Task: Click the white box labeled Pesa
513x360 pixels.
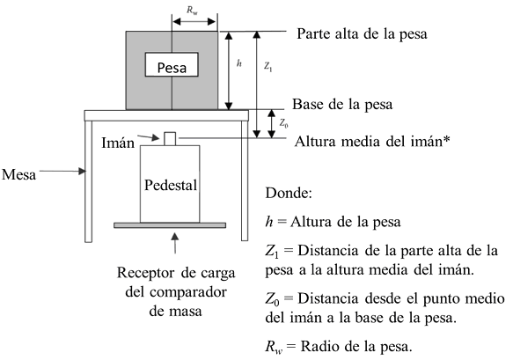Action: tap(172, 64)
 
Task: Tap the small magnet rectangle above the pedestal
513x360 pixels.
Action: tap(170, 139)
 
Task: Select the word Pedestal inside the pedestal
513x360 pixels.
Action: tap(171, 185)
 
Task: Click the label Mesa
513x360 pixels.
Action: tap(18, 174)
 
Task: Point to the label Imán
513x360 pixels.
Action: tap(118, 143)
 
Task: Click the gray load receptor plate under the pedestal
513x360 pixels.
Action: tap(170, 225)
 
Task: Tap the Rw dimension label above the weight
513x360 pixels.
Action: tap(192, 11)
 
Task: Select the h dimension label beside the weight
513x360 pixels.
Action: tap(239, 63)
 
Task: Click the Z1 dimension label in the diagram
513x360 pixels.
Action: tap(268, 67)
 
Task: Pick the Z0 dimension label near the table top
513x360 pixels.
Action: tap(283, 123)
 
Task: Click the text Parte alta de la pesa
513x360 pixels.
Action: tap(362, 33)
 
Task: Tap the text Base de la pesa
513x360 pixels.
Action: tap(342, 105)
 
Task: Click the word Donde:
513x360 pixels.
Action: tap(289, 193)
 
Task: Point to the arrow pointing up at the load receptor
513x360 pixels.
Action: tap(175, 243)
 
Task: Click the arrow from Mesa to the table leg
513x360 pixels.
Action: tap(62, 171)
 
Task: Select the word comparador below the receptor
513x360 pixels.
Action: tap(176, 292)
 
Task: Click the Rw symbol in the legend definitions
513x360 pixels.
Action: tap(274, 347)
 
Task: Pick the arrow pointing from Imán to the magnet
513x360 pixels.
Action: tap(148, 137)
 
